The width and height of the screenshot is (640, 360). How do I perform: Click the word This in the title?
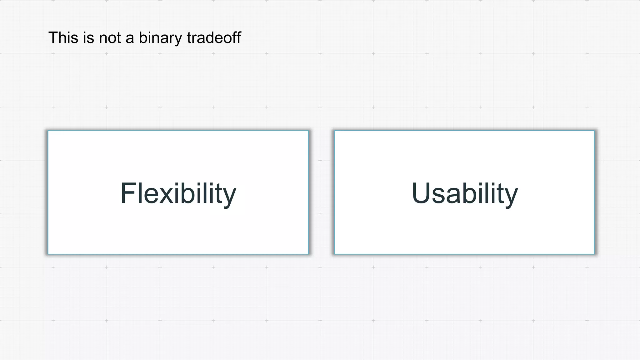(x=63, y=38)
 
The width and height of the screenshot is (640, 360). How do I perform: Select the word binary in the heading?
(x=160, y=38)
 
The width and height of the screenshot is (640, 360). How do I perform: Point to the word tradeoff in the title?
(x=214, y=38)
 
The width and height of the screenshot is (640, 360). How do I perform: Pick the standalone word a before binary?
(x=130, y=39)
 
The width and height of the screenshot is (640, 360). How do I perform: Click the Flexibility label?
(x=178, y=193)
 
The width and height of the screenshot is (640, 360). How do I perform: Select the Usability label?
(x=465, y=193)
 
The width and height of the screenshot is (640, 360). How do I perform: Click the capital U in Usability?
(x=421, y=193)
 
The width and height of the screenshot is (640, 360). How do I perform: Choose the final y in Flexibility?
(x=229, y=198)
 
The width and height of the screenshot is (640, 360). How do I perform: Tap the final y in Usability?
(x=511, y=198)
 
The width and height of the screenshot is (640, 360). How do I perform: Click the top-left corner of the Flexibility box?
(x=48, y=131)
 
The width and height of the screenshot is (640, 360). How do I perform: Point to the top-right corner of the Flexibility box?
(x=308, y=131)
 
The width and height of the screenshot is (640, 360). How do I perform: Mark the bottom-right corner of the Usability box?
(x=594, y=254)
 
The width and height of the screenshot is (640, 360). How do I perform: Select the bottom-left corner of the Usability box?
(x=335, y=254)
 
